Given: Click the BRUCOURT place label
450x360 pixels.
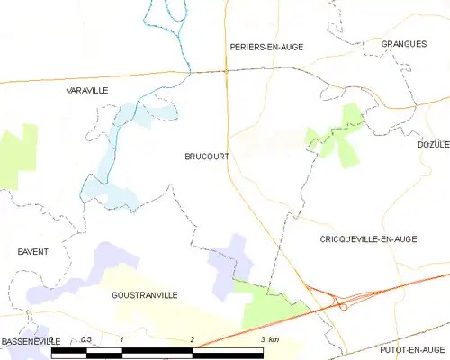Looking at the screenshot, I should (x=206, y=156).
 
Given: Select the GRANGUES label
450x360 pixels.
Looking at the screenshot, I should (x=402, y=43).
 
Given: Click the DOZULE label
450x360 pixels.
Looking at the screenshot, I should (x=433, y=144).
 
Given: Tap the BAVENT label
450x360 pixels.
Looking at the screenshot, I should (x=32, y=251).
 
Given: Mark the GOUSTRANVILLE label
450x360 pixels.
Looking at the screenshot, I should (x=144, y=294).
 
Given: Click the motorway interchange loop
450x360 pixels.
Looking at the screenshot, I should (x=343, y=305).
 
